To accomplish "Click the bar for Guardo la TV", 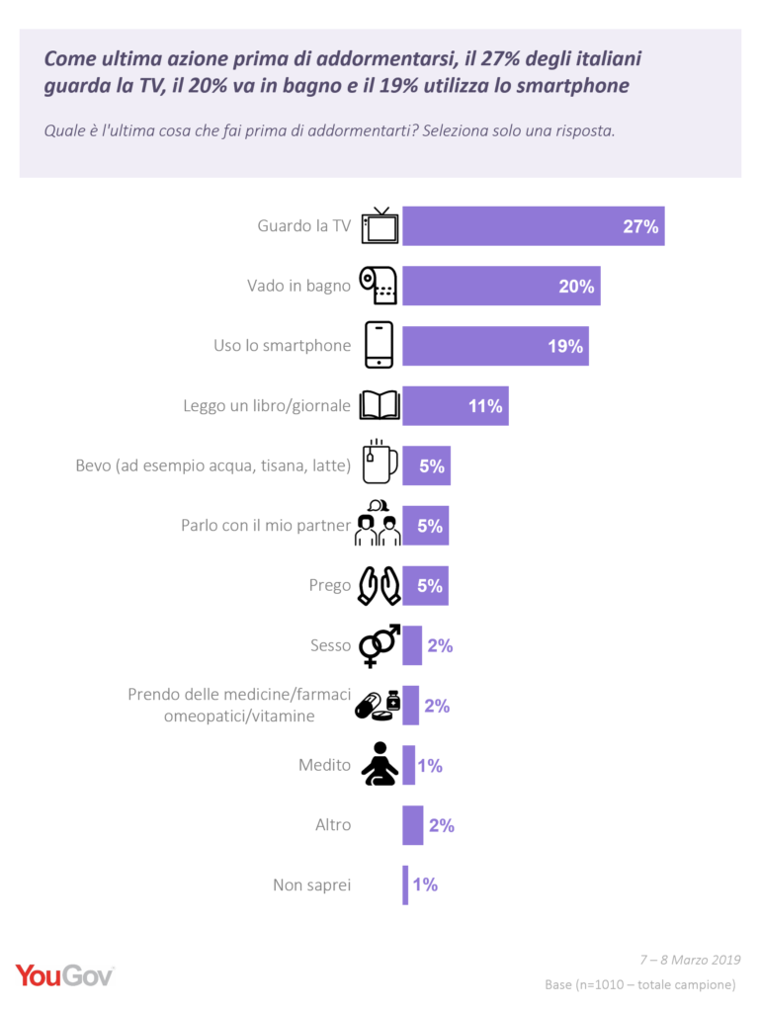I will (x=533, y=226).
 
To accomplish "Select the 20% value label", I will (x=576, y=287).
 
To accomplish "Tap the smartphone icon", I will (x=380, y=345).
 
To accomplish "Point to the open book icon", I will (x=380, y=405).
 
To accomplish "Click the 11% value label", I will (x=485, y=406).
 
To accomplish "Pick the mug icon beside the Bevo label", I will (x=380, y=463).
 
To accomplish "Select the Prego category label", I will (x=330, y=585).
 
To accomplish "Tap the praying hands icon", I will (x=380, y=585).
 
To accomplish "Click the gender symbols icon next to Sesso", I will (x=380, y=644).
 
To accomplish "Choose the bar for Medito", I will (x=408, y=765).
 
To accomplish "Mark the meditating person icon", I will (x=380, y=764).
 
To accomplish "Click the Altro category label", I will (x=333, y=824).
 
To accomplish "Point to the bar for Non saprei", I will (x=405, y=885).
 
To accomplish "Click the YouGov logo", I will (x=65, y=975).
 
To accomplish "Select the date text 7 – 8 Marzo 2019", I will (x=689, y=960).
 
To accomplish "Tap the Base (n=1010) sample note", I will (x=639, y=984).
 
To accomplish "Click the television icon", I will (x=380, y=226).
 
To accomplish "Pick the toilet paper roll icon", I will (x=380, y=286).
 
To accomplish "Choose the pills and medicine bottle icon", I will (x=379, y=705).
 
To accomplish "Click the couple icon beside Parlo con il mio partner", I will (x=378, y=524).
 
